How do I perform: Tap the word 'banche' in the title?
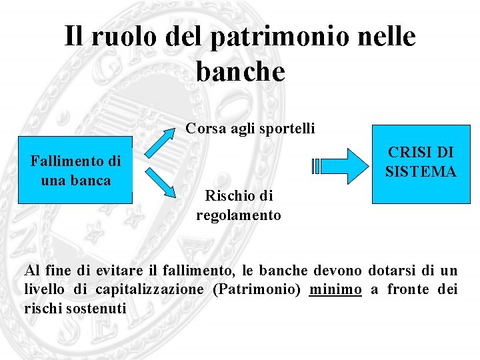pyautogui.click(x=240, y=70)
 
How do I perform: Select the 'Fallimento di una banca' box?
pyautogui.click(x=75, y=170)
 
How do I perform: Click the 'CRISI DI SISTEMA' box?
pyautogui.click(x=420, y=163)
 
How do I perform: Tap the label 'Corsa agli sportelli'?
pyautogui.click(x=250, y=128)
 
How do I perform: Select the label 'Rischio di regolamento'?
pyautogui.click(x=239, y=206)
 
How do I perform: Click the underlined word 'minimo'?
pyautogui.click(x=335, y=289)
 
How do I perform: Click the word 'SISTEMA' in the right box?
pyautogui.click(x=421, y=171)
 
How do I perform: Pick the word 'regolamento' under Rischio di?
pyautogui.click(x=239, y=215)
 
